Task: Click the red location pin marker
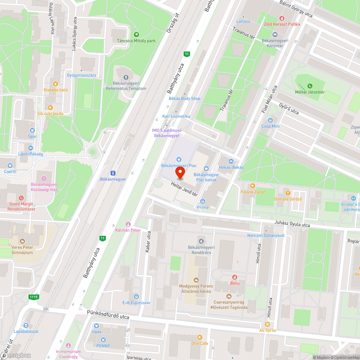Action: [180, 172]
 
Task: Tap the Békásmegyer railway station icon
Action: [113, 173]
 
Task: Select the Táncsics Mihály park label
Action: [136, 41]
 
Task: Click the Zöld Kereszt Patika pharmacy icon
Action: [282, 18]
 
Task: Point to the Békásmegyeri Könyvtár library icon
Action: [275, 35]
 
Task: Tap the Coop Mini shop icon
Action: [270, 120]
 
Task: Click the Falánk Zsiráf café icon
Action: [253, 186]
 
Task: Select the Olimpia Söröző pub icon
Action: [287, 193]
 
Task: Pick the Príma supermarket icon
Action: [203, 201]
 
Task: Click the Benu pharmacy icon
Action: [235, 277]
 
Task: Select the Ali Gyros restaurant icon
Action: [268, 324]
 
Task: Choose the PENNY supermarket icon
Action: [103, 340]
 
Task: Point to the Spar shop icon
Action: [32, 130]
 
